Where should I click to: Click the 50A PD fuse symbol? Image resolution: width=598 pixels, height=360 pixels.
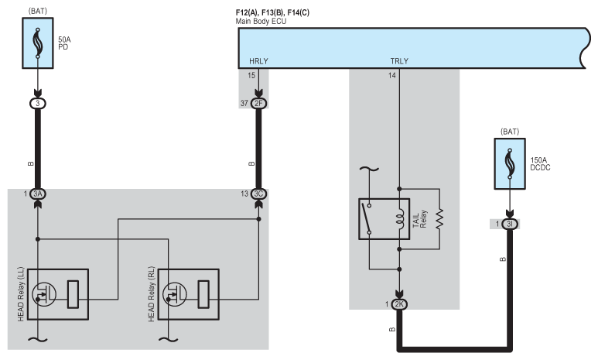pyautogui.click(x=38, y=43)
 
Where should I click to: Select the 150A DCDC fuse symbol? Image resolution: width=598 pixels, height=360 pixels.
pyautogui.click(x=510, y=164)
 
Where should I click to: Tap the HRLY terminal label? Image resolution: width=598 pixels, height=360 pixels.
pyautogui.click(x=258, y=61)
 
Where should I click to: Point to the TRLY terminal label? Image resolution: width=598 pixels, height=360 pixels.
pyautogui.click(x=399, y=61)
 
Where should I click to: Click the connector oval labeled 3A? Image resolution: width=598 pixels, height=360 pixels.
pyautogui.click(x=38, y=194)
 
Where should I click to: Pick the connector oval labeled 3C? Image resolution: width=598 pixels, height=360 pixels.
pyautogui.click(x=258, y=194)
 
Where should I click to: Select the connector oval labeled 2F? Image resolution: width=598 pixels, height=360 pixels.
pyautogui.click(x=258, y=104)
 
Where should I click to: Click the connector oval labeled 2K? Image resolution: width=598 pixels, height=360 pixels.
pyautogui.click(x=399, y=304)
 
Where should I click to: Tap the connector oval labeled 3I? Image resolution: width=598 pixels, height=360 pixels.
pyautogui.click(x=510, y=224)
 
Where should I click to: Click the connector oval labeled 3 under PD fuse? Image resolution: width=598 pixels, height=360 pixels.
pyautogui.click(x=38, y=104)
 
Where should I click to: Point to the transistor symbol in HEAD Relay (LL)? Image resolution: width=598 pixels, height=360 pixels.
pyautogui.click(x=44, y=294)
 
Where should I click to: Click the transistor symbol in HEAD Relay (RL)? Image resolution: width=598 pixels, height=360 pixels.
pyautogui.click(x=175, y=294)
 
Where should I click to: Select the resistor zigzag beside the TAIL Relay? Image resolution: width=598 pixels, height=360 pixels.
pyautogui.click(x=439, y=219)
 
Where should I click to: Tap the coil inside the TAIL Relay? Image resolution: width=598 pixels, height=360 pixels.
pyautogui.click(x=399, y=219)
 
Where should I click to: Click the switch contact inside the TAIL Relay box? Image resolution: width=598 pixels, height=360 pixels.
pyautogui.click(x=367, y=219)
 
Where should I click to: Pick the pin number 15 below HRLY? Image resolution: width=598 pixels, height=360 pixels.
pyautogui.click(x=251, y=75)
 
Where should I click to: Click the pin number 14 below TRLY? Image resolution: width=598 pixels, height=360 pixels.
pyautogui.click(x=392, y=75)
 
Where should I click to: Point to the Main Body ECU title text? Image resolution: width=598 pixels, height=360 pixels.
pyautogui.click(x=261, y=22)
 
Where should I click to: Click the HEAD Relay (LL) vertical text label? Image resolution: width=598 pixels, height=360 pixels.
pyautogui.click(x=21, y=294)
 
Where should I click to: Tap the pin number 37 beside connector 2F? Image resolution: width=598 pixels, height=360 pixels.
pyautogui.click(x=244, y=104)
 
